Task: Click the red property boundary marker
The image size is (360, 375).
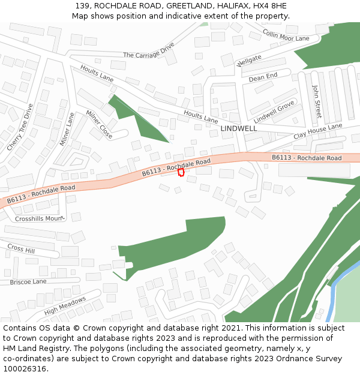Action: (181, 172)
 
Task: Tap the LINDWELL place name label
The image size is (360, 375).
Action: (238, 129)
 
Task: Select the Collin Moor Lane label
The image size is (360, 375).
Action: (286, 37)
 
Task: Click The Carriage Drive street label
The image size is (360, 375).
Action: (148, 51)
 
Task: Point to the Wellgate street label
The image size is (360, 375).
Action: (250, 61)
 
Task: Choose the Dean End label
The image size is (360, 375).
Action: (263, 77)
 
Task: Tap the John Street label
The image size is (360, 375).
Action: (316, 100)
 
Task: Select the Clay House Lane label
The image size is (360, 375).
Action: (317, 131)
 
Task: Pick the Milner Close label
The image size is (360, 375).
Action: (99, 124)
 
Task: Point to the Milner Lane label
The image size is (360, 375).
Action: (67, 130)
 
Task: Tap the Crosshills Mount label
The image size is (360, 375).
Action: (39, 219)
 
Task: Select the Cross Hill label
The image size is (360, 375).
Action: (21, 248)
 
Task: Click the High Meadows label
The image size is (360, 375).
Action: (65, 305)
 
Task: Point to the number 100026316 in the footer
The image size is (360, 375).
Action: (25, 369)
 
